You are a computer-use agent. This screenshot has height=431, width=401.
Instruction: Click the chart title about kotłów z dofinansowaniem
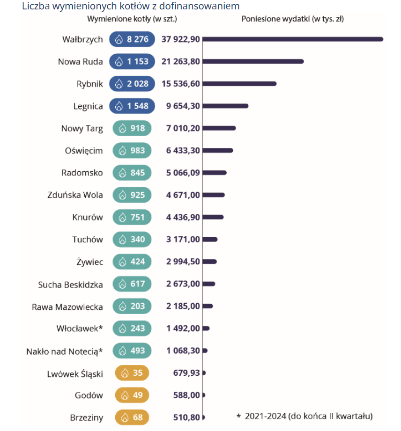point(131,6)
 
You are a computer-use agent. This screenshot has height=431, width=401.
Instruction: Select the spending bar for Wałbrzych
point(293,39)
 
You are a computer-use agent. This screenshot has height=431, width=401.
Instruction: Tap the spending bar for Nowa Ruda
point(253,61)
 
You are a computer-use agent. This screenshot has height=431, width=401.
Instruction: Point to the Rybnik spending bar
point(239,84)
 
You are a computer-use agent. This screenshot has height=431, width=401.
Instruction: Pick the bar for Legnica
point(225,106)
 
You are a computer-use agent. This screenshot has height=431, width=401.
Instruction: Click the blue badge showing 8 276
point(132,39)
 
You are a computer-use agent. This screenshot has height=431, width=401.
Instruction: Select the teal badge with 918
point(132,128)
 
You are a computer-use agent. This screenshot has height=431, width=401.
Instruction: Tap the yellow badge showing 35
point(132,373)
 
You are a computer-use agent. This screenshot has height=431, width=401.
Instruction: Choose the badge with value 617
point(132,284)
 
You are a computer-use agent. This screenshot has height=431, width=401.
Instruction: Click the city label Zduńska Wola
point(75,195)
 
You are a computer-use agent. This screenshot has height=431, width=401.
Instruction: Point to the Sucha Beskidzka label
point(70,284)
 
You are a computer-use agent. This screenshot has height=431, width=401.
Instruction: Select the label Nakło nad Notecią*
point(64,351)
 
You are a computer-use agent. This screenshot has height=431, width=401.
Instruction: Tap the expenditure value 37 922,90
point(180,39)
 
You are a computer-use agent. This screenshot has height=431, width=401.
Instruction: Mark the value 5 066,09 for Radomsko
point(183,173)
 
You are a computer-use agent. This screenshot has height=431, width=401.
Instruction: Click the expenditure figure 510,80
point(186,417)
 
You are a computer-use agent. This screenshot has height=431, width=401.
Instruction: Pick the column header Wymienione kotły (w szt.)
point(132,19)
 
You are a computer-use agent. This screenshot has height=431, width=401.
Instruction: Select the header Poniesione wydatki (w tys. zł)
point(293,19)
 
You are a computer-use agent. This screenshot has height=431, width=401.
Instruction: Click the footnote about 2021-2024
point(305,416)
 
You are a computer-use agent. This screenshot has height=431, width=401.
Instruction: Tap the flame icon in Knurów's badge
point(122,218)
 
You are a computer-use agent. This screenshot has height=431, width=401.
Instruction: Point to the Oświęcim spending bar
point(218,151)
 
